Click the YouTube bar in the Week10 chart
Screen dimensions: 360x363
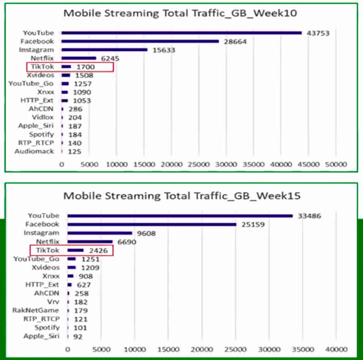[x=181, y=33]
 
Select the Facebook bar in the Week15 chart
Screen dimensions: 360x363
[x=152, y=224]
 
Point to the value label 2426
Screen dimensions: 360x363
[x=98, y=251]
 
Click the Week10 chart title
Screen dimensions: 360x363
[x=180, y=13]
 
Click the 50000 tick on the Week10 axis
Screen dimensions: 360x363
[x=336, y=165]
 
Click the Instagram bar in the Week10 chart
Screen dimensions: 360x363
[x=104, y=50]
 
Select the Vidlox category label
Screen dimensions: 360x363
[x=43, y=117]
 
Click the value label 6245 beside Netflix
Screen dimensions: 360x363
[x=109, y=59]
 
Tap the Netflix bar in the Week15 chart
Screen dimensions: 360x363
[x=90, y=242]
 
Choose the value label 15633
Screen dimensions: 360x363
[x=165, y=50]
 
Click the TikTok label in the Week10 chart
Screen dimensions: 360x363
[x=44, y=67]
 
